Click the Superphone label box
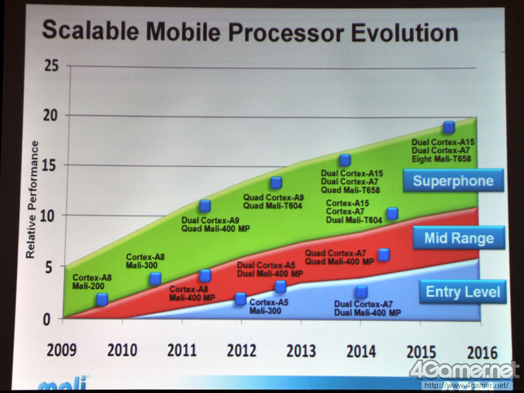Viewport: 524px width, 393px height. (453, 181)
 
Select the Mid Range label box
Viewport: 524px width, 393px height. (458, 238)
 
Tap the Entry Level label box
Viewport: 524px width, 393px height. (463, 292)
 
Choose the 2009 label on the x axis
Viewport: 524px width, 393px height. (61, 351)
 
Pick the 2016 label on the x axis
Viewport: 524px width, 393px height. (482, 352)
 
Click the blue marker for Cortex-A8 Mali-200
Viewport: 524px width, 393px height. (102, 299)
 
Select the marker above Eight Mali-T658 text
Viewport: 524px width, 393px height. (449, 127)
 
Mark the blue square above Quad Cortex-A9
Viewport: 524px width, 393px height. (276, 183)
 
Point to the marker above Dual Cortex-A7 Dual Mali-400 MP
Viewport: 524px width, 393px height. (361, 292)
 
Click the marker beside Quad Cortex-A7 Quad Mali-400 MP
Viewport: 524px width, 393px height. (384, 254)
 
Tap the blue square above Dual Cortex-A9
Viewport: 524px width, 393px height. (205, 206)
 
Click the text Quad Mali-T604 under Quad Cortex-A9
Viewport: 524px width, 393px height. (272, 206)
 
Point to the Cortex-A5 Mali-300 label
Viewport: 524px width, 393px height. (269, 306)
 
